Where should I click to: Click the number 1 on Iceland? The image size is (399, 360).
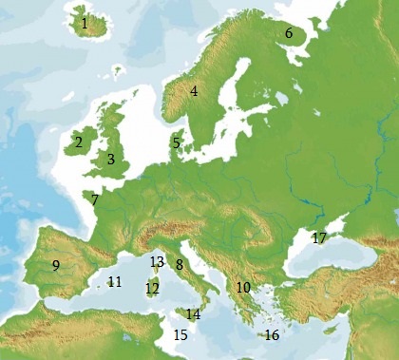pos(85,23)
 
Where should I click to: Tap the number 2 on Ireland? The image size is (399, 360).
pos(78,142)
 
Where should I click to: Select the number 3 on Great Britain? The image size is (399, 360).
pos(110,160)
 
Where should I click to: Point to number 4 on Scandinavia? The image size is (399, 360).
pos(194,91)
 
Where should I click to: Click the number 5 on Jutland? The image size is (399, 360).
pos(176,143)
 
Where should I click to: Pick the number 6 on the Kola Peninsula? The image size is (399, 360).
pos(289,33)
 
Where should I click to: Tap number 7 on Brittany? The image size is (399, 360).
pos(95,199)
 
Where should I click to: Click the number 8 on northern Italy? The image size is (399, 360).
pos(179,264)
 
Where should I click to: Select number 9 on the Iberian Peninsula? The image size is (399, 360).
pos(56,265)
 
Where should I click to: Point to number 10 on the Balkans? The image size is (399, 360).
pos(242,286)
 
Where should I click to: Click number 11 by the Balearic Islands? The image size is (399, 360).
pos(115,281)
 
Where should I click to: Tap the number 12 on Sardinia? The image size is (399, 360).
pos(152,288)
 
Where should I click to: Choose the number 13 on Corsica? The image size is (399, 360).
pos(157,261)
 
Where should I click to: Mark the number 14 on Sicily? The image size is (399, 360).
pos(193,313)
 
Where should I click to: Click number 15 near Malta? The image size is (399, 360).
pos(180,334)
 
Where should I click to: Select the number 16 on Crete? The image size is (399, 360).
pos(272,334)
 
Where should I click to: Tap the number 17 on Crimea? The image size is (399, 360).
pos(319,237)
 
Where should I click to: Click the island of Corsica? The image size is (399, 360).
pos(157,269)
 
